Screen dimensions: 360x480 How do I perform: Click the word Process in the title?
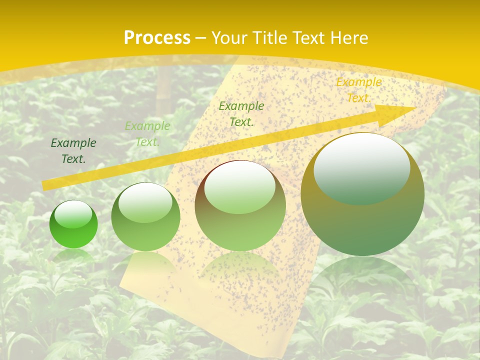tap(157, 38)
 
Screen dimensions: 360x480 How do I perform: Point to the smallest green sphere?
tap(73, 224)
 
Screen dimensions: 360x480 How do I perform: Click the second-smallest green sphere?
tap(145, 217)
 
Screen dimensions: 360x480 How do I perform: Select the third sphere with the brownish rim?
tap(240, 206)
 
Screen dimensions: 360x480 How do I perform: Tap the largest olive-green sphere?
tap(362, 195)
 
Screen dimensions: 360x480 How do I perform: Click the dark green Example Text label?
tap(73, 151)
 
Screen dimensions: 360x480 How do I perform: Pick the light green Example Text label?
tap(147, 134)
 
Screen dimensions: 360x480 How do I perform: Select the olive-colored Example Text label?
tap(241, 114)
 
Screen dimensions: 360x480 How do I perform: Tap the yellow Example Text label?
tap(358, 90)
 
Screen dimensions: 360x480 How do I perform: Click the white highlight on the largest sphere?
tap(361, 167)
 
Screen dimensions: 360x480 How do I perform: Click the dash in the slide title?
tap(200, 38)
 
